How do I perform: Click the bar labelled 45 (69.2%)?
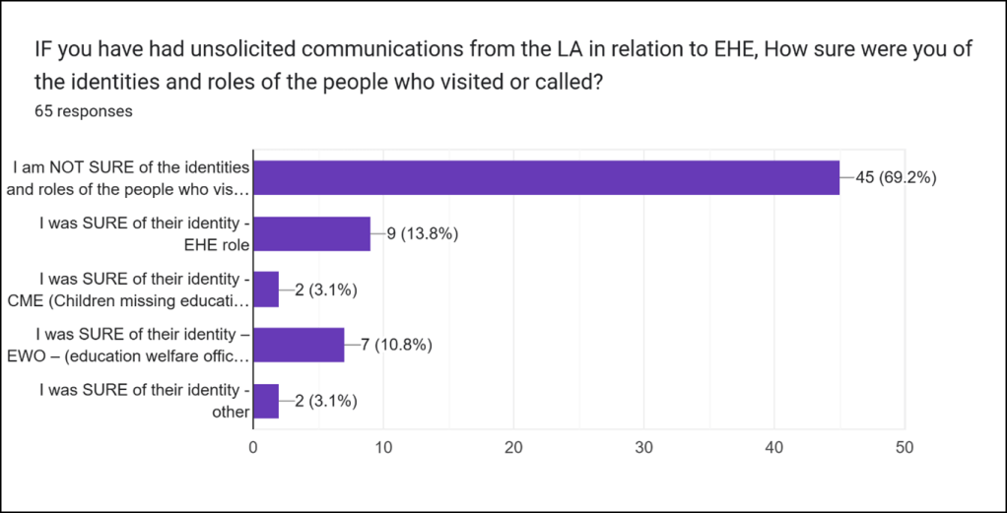[546, 178]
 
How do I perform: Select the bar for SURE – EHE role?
[311, 234]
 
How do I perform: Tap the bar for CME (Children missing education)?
[266, 289]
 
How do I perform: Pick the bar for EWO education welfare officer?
[299, 345]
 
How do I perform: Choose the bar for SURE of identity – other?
[266, 401]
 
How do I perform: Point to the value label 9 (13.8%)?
[426, 234]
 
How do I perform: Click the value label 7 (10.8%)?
[399, 345]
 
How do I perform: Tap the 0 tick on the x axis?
[253, 447]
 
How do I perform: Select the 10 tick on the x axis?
[383, 447]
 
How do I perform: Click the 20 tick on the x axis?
[513, 447]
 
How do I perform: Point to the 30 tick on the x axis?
[643, 447]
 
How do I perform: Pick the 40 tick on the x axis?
[773, 447]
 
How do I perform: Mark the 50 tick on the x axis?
[904, 447]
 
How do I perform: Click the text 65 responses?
[84, 111]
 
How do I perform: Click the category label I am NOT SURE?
[131, 168]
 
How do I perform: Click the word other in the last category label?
[231, 412]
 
